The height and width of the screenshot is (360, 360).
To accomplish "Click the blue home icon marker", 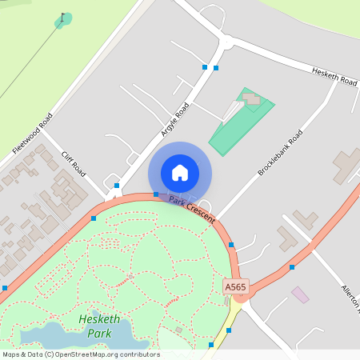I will click(x=180, y=173).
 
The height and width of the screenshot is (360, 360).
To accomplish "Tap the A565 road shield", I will click(x=234, y=286).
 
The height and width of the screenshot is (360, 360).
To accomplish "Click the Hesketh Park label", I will click(x=99, y=326).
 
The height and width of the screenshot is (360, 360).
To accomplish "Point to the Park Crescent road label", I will click(x=192, y=204).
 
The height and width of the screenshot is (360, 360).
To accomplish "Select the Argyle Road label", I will click(x=174, y=120).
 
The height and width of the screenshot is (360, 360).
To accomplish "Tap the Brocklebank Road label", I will click(x=280, y=153).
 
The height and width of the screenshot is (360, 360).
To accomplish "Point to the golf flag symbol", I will click(x=63, y=18).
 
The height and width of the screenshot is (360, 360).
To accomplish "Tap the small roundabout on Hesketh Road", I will click(x=226, y=42).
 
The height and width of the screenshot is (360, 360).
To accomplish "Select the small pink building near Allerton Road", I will click(x=300, y=294).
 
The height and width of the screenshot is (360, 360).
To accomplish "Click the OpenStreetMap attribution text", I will click(x=80, y=354).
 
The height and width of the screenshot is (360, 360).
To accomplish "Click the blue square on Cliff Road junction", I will click(x=117, y=186).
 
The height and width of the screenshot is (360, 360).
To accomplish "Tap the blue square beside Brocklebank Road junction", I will click(x=231, y=245).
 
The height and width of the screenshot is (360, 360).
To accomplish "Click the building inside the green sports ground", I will click(x=252, y=98).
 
